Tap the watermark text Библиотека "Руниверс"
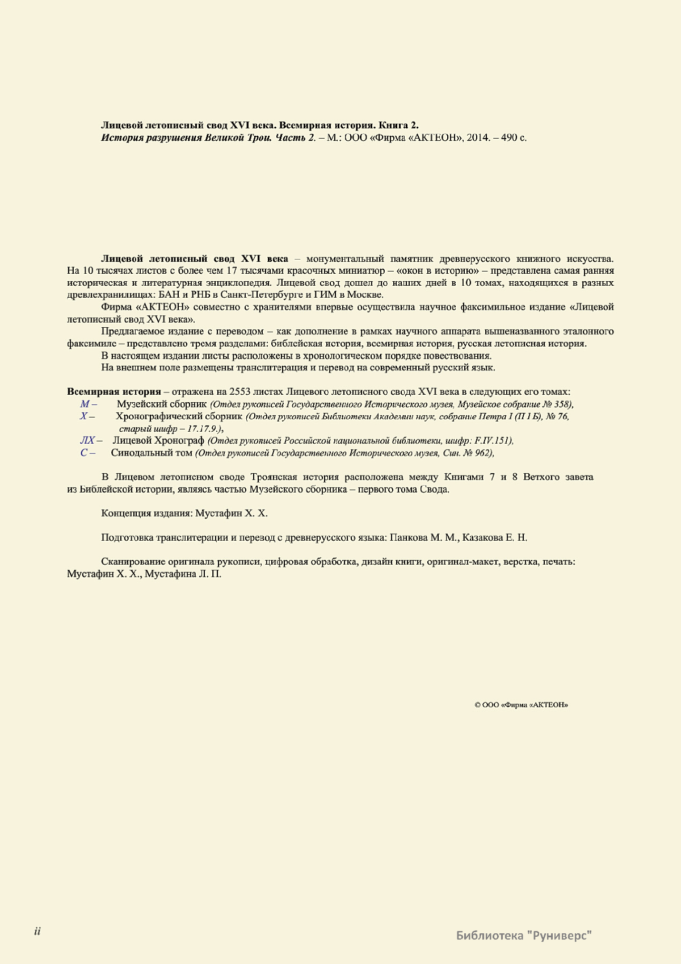pyautogui.click(x=524, y=935)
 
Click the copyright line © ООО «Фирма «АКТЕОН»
pyautogui.click(x=521, y=705)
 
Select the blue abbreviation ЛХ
pyautogui.click(x=87, y=440)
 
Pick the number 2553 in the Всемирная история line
pyautogui.click(x=240, y=392)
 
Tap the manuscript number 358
pyautogui.click(x=562, y=404)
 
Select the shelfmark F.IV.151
pyautogui.click(x=493, y=440)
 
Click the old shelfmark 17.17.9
pyautogui.click(x=203, y=428)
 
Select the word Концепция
pyautogui.click(x=126, y=513)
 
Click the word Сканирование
pyautogui.click(x=133, y=562)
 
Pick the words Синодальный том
pyautogui.click(x=152, y=453)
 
